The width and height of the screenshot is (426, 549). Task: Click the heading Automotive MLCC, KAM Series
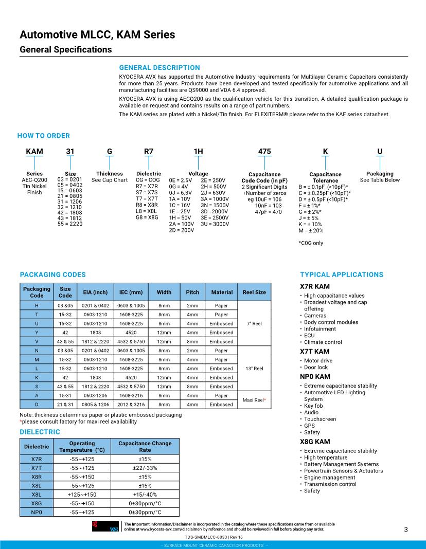point(97,35)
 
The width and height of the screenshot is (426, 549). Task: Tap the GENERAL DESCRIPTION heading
point(159,67)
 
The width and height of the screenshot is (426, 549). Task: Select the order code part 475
point(264,152)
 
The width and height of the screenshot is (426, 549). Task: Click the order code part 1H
point(198,152)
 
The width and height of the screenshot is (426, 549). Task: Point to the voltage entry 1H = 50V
point(180,217)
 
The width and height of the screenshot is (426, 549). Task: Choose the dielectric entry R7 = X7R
point(148,187)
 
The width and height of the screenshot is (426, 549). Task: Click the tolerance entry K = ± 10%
point(310,224)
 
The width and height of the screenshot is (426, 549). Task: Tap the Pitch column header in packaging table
point(192,292)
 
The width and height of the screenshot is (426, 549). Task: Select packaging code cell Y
point(37,333)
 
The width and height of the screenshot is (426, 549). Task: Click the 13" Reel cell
point(255,369)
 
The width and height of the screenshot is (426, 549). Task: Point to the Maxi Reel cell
point(254,399)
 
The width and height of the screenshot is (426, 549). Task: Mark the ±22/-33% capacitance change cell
point(145,468)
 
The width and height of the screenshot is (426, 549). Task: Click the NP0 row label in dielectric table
point(37,512)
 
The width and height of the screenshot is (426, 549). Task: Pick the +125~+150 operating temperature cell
point(82,495)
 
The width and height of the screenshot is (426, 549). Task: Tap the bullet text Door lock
point(316,368)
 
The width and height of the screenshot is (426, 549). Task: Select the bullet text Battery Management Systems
point(341,464)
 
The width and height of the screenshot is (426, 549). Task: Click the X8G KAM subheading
point(315,442)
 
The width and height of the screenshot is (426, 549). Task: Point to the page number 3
point(405,530)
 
